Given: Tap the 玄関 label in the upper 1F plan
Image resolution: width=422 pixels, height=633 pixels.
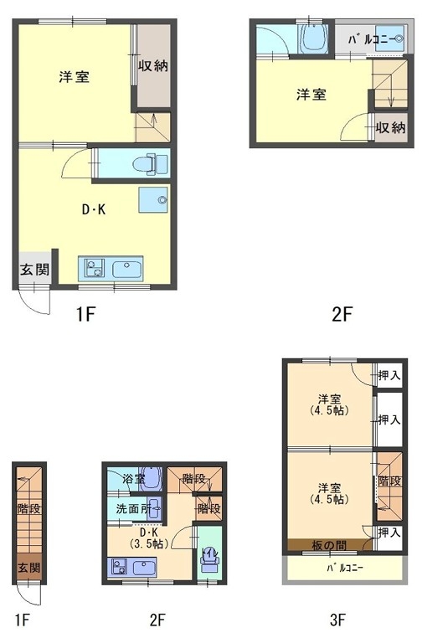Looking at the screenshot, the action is tap(34, 270).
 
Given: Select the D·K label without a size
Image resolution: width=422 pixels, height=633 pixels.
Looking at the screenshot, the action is tap(94, 209).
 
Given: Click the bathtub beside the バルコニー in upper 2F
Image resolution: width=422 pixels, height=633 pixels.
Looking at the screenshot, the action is tap(315, 38).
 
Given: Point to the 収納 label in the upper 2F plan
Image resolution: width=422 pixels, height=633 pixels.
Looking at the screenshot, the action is tap(390, 128).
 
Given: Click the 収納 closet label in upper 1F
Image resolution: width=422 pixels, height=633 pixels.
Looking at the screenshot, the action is tap(153, 66).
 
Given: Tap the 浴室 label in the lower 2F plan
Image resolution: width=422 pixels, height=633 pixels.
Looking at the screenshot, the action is tap(134, 478).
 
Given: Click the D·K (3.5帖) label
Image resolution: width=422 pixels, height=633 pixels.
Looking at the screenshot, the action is tap(148, 538).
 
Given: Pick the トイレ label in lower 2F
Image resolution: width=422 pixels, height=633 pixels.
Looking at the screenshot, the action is tap(210, 553).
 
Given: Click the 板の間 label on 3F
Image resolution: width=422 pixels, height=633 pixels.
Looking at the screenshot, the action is tap(329, 546).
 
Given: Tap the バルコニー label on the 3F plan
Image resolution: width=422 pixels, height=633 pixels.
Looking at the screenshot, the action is tap(345, 568).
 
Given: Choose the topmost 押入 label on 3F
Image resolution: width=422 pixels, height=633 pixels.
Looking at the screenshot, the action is tap(389, 375).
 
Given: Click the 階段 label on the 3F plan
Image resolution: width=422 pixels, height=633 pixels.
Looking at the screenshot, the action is tap(389, 481).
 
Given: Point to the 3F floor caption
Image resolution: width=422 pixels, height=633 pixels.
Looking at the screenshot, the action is tap(337, 619).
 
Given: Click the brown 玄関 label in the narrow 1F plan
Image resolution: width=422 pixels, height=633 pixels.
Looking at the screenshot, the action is tap(28, 567).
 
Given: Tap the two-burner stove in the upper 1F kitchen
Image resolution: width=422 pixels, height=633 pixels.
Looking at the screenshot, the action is tap(94, 268).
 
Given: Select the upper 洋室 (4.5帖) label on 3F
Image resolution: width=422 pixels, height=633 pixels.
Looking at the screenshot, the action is tap(329, 404).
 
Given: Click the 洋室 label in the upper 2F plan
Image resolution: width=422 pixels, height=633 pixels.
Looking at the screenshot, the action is tap(311, 95).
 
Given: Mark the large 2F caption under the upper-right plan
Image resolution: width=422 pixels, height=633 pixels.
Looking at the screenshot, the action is tap(342, 314).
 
